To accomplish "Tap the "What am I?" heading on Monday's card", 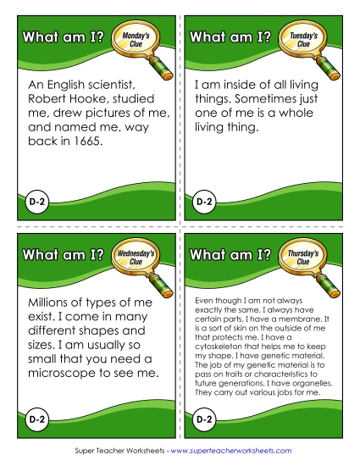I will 62,37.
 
